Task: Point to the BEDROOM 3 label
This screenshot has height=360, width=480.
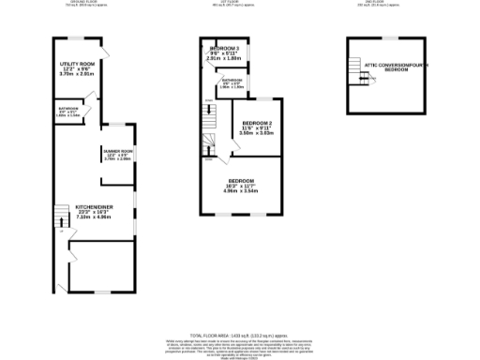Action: point(225,49)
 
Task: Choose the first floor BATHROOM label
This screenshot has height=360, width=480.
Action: point(232,81)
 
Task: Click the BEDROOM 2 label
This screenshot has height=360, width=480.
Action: point(256,124)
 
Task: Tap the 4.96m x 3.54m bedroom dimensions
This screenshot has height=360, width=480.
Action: point(241,192)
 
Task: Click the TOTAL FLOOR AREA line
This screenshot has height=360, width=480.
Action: point(240,335)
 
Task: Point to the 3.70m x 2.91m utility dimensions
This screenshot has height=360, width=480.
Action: point(78,75)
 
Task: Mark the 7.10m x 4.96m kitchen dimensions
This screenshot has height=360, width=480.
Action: point(93,217)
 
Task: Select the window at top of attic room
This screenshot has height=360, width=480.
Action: point(383,37)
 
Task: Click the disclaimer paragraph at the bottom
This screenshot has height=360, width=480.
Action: point(240,346)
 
